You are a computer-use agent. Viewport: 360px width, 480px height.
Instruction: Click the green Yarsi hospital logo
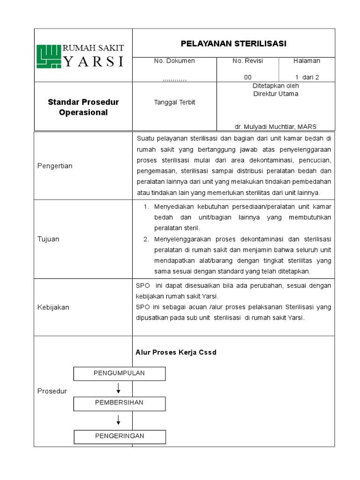49,56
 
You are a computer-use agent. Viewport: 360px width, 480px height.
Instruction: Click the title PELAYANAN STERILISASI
233,44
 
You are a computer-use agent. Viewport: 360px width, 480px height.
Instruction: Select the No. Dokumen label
174,61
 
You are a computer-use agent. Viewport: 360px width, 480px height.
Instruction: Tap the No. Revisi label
247,61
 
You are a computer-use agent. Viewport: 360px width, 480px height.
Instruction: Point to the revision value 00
247,77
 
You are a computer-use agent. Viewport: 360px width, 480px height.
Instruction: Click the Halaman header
307,61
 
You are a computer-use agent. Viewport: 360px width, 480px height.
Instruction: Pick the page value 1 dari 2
307,77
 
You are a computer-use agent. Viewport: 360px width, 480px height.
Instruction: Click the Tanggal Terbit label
174,102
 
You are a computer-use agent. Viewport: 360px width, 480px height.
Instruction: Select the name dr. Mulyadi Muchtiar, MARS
276,127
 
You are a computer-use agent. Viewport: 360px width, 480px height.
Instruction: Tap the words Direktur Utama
276,94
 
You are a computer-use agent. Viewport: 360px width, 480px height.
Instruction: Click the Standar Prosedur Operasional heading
83,107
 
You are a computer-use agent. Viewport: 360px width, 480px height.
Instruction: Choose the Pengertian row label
55,166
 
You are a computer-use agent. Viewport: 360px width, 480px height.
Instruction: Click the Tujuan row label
48,239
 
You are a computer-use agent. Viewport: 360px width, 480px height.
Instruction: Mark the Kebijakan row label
53,307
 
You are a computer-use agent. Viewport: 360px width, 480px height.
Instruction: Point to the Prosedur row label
52,391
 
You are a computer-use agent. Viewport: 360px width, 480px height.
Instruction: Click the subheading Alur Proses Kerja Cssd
176,352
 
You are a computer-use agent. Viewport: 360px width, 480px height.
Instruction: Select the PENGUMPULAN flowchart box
120,373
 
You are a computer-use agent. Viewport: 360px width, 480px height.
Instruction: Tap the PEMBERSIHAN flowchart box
120,403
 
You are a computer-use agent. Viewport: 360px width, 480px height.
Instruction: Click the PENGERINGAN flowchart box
120,436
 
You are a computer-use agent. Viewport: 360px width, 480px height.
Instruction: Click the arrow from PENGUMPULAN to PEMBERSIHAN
119,388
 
